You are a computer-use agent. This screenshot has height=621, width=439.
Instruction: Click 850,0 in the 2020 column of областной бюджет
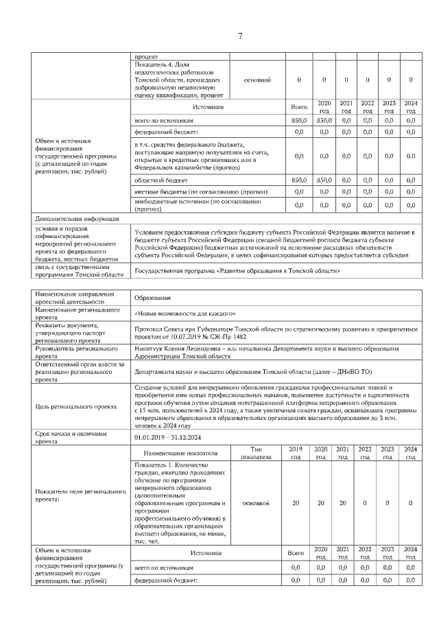(x=324, y=180)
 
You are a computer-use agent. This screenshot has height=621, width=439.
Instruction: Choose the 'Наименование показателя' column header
(x=180, y=453)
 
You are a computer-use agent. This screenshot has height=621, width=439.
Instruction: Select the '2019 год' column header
(x=296, y=453)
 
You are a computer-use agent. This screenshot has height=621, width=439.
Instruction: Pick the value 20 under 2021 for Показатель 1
(x=346, y=503)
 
